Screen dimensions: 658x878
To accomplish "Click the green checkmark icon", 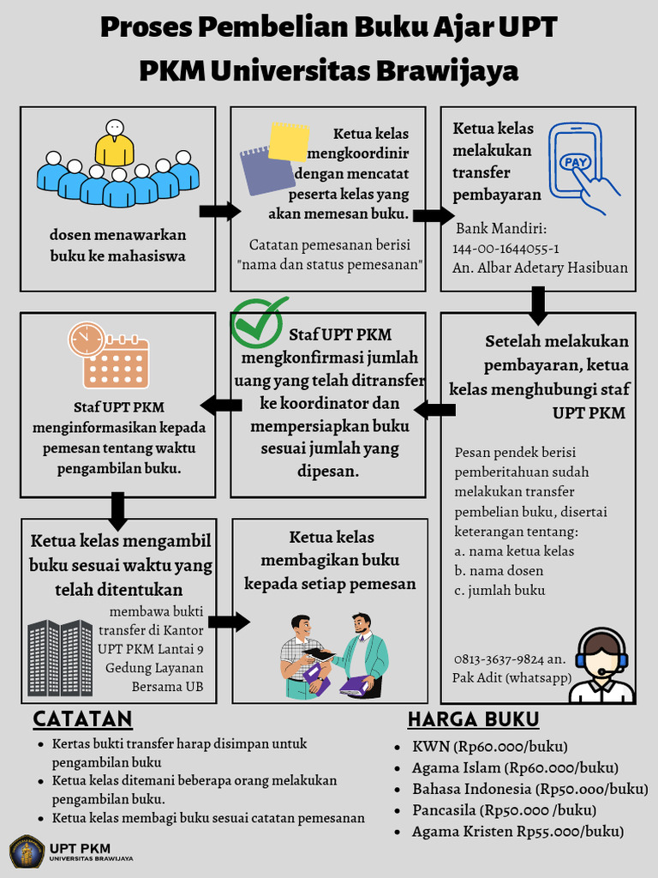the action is tap(260, 322).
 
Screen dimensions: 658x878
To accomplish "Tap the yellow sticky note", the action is tap(289, 141).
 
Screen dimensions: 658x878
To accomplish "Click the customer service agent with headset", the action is tap(601, 666).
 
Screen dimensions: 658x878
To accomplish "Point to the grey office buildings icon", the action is tap(60, 658).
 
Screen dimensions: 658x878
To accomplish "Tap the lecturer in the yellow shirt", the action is tap(114, 143).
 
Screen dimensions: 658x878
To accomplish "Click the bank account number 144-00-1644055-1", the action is tap(506, 249).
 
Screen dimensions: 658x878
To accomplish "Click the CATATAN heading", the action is tap(82, 719).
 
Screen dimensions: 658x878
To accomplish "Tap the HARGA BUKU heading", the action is tap(473, 719).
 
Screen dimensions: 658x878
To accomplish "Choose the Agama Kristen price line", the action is tap(517, 832).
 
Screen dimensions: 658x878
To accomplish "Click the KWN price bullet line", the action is tap(490, 746).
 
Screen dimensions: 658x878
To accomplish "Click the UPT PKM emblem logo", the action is tap(27, 852).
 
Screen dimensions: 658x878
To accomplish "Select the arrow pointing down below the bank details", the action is tap(538, 306).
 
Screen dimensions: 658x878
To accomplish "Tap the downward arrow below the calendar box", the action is tap(118, 511).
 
